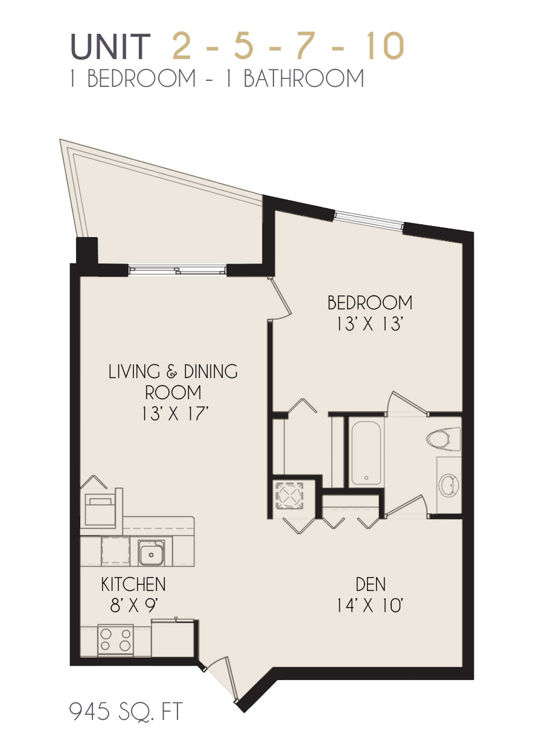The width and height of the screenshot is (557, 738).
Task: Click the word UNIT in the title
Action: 110,46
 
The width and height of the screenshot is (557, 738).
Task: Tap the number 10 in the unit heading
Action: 385,46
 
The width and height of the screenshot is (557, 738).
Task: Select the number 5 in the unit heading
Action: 244,46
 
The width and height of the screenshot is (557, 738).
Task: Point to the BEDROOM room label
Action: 370,303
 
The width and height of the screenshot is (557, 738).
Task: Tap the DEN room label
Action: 371,584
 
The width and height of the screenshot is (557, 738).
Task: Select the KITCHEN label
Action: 133,584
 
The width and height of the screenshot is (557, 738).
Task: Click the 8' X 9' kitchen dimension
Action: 134,606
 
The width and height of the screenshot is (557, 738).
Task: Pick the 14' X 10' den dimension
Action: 370,606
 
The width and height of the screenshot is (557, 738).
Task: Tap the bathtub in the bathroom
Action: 366,453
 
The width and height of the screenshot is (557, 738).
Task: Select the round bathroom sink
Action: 449,485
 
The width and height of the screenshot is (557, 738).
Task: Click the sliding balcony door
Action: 177,270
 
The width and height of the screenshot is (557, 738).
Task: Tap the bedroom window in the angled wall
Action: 368,220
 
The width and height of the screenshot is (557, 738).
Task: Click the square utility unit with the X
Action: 289,494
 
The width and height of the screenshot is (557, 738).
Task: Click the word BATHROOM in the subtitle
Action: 304,78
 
